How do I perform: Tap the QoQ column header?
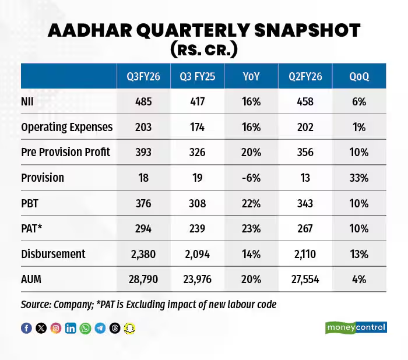[x=359, y=76]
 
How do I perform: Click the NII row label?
[x=28, y=101]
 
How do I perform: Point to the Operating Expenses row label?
[x=66, y=127]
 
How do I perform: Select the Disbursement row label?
[x=53, y=254]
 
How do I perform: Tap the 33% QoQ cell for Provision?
[x=359, y=178]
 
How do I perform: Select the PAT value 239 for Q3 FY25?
[x=196, y=228]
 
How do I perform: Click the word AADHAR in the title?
[x=102, y=31]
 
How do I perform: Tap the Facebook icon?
[x=26, y=328]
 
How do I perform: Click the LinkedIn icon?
[x=71, y=328]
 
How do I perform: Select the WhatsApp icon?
[x=86, y=328]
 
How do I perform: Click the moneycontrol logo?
[x=356, y=327]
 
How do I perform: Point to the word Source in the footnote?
[x=36, y=305]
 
